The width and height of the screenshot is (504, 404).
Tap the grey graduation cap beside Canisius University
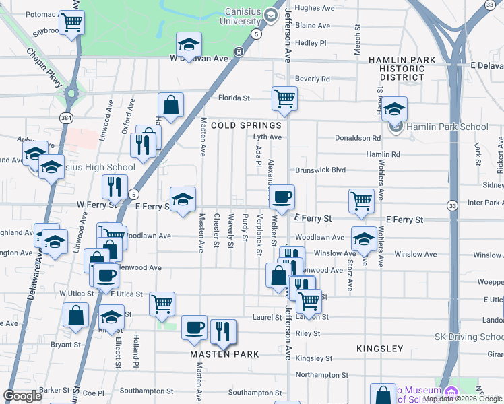[x=271, y=15]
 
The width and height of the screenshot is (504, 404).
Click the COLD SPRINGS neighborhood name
[x=245, y=125]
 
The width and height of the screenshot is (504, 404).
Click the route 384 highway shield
[x=65, y=118]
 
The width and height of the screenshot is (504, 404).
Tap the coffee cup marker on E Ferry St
[x=282, y=197]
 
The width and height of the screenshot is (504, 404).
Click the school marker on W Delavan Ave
[x=189, y=44]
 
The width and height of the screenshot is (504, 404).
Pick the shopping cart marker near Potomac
[x=71, y=22]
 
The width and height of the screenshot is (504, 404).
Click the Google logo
[x=22, y=396]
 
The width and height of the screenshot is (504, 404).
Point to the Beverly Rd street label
[x=312, y=79]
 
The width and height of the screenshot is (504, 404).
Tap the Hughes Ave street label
[x=315, y=8]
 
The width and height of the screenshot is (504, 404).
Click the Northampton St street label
[x=322, y=374]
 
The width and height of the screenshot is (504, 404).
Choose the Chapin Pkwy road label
[x=44, y=67]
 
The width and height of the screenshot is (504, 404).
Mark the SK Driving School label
[x=468, y=337]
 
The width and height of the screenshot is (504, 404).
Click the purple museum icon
[x=451, y=392]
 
